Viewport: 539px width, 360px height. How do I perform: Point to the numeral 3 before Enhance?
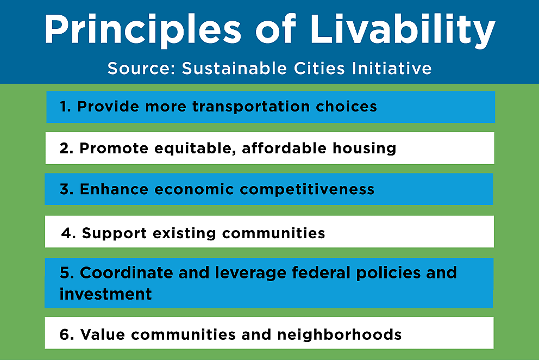65,189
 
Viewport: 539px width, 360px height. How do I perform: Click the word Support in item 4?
114,233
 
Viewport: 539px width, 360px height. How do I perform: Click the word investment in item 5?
105,294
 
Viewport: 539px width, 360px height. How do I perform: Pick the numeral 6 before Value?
66,334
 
